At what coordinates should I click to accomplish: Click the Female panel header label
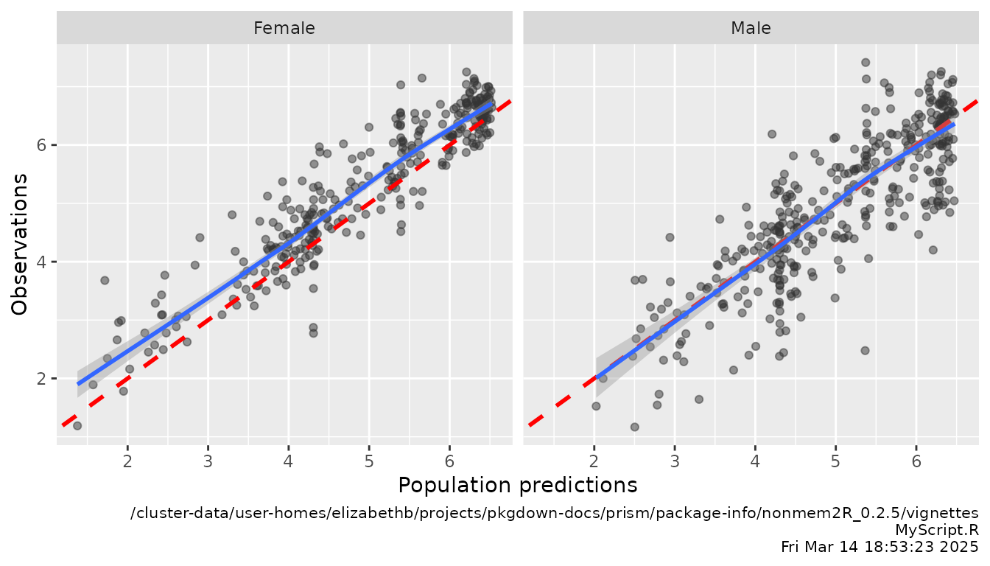[x=284, y=29]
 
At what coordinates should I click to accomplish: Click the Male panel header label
[x=751, y=29]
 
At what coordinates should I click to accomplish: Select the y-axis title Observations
[x=20, y=244]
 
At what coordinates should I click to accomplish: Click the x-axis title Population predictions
[x=517, y=485]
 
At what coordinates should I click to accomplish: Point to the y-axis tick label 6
[x=43, y=144]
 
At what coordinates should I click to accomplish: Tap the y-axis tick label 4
[x=43, y=262]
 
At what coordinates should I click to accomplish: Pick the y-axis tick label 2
[x=43, y=379]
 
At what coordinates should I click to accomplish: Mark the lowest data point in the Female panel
[x=77, y=426]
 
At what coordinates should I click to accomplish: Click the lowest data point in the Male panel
[x=634, y=427]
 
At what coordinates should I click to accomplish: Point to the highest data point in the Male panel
[x=866, y=63]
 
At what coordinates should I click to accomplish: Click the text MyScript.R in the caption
[x=936, y=530]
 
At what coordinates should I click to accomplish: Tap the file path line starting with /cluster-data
[x=554, y=513]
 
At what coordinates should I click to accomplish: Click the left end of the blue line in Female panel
[x=78, y=383]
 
